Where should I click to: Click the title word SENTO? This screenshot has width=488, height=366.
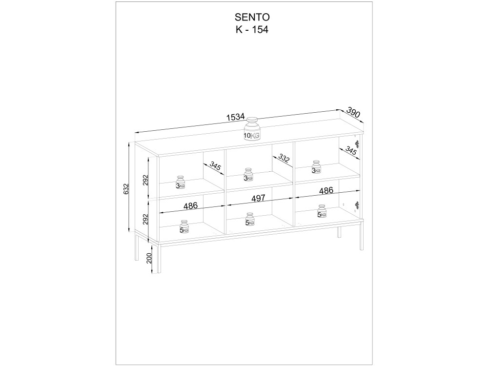coord(252,17)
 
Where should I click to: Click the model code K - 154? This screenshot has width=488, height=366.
coord(252,30)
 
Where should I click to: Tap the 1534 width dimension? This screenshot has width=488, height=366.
coord(236,117)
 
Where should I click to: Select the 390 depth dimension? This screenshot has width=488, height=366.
coord(353,112)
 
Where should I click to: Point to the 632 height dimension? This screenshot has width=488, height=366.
coord(126,189)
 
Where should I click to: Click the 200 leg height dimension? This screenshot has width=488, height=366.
coord(149,258)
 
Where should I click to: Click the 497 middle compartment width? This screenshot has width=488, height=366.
coord(259,198)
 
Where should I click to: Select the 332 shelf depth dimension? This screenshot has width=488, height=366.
coord(284,158)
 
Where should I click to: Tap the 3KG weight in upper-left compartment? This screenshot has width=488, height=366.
coord(181,183)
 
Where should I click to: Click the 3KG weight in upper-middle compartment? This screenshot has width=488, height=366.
coord(248,175)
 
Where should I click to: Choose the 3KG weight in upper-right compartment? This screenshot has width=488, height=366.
coord(316,167)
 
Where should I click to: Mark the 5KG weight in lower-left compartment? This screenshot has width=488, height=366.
coord(184,227)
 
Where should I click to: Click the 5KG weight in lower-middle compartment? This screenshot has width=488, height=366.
coord(250,220)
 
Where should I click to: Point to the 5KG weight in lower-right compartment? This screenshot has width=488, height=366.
coord(322,211)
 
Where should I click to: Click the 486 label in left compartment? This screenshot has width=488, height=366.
coord(190,206)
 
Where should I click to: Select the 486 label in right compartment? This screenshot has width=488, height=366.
coord(326,190)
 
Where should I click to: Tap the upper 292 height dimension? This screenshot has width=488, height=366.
coord(146,180)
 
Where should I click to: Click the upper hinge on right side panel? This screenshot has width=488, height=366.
coord(357,144)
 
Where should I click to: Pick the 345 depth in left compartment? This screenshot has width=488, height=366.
coord(215,166)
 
